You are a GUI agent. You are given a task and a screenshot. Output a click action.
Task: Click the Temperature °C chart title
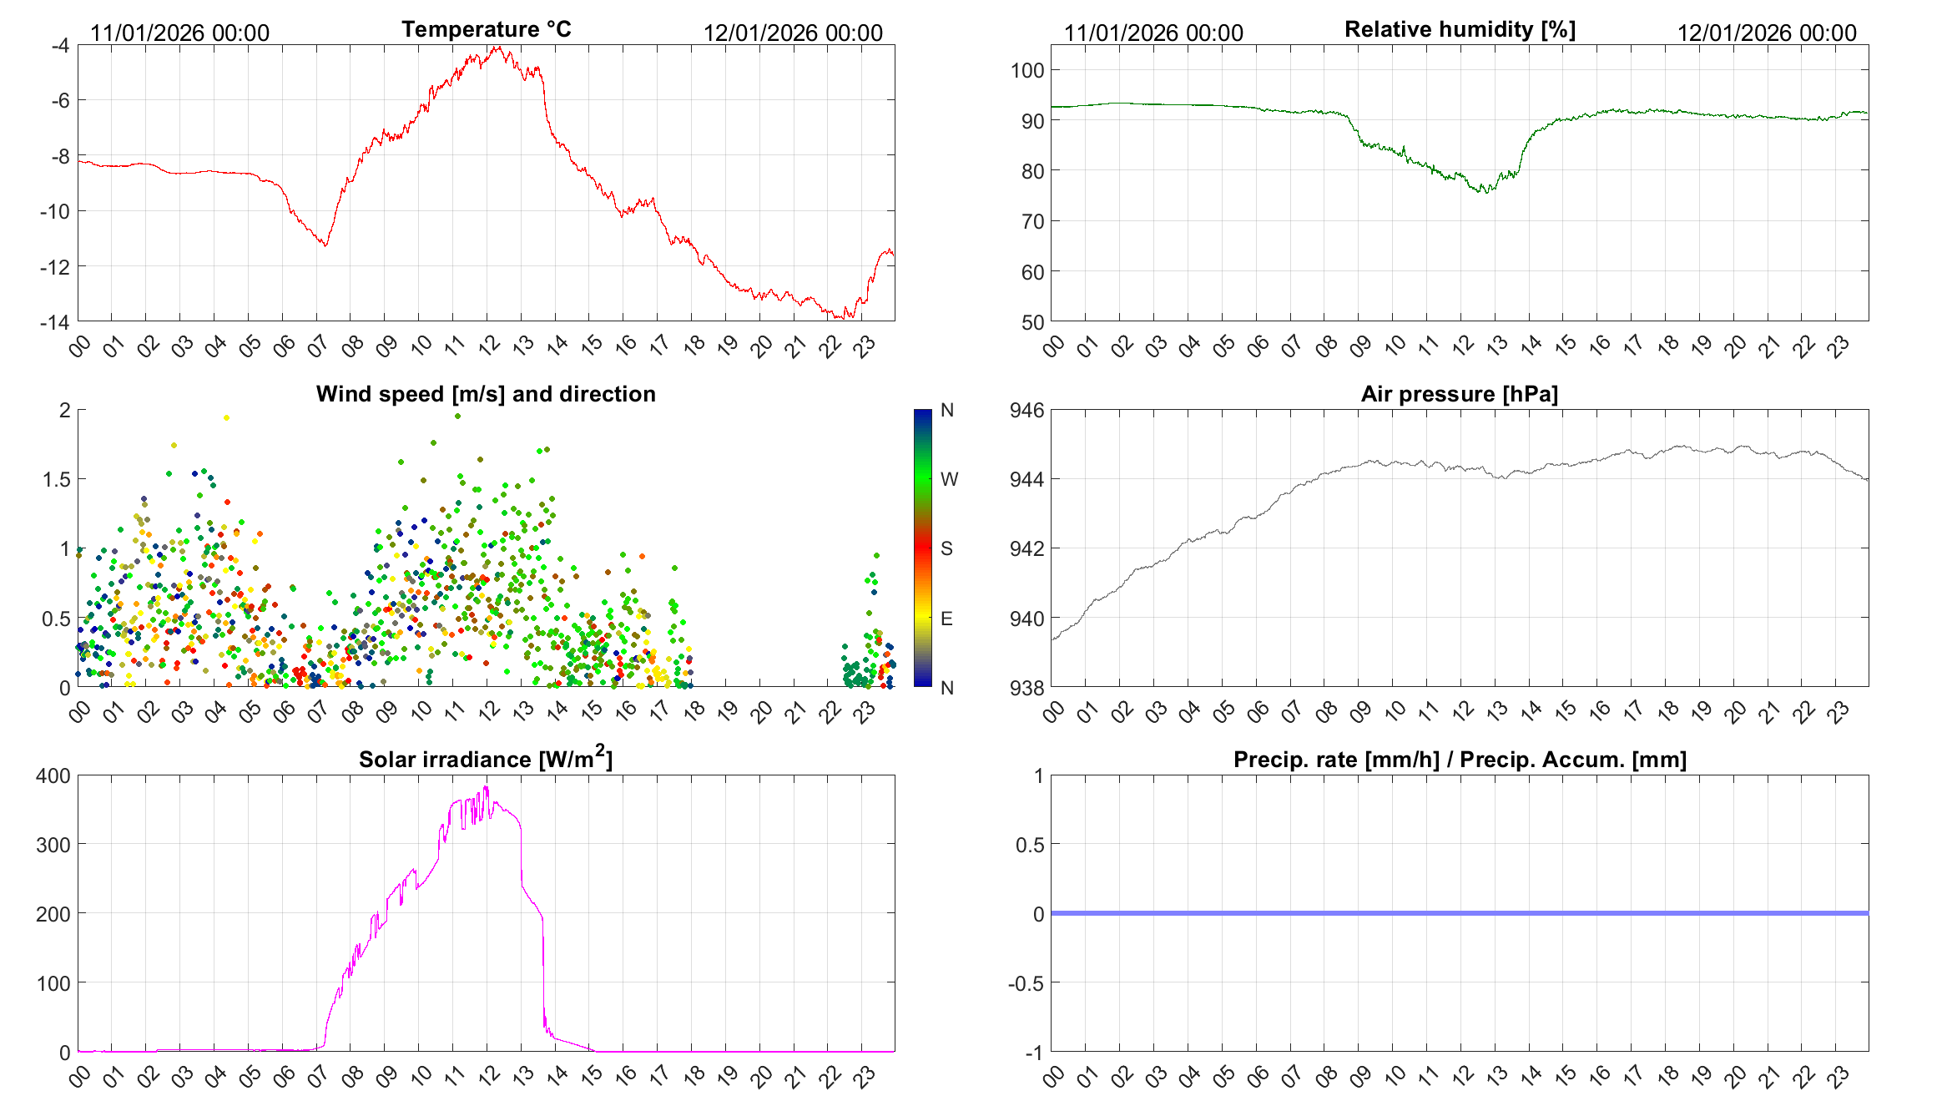486,29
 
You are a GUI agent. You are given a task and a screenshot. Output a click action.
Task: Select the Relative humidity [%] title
1460,29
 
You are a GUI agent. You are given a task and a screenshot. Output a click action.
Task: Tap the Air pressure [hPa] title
1460,394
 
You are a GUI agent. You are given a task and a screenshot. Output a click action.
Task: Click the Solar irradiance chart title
486,759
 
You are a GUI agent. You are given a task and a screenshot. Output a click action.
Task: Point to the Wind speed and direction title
486,394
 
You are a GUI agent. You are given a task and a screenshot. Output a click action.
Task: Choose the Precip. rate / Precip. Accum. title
1460,760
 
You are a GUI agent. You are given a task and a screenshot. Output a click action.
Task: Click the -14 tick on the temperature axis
55,322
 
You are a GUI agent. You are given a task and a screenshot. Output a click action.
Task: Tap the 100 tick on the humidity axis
1027,70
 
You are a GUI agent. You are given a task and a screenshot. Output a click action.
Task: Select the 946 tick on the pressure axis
1027,410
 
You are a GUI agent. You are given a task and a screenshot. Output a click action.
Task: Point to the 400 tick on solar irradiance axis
53,775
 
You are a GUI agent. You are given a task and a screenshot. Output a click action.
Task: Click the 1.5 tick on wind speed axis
57,479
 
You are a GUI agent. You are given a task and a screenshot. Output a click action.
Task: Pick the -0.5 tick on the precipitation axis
1026,983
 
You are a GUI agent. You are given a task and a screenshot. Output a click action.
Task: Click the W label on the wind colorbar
949,479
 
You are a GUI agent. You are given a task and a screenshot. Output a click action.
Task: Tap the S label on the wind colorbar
946,548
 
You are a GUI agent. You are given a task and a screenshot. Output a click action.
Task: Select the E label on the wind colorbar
946,619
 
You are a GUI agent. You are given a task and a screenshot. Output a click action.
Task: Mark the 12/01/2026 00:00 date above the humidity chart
1767,33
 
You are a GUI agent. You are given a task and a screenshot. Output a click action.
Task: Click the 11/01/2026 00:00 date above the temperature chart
179,33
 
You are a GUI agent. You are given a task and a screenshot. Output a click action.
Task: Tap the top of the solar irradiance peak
487,787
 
